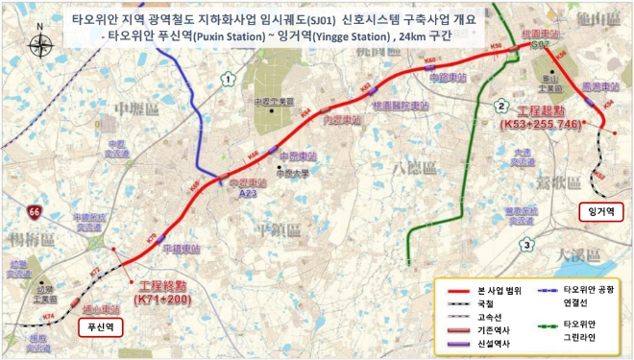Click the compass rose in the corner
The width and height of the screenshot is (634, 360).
pos(41,45)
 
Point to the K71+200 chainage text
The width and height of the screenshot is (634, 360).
pos(161,300)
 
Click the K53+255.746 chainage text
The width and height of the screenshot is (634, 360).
pos(540,125)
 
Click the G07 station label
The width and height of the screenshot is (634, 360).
pos(540,45)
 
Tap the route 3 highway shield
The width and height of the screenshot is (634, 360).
pos(527,246)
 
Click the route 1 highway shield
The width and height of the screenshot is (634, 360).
pos(227,78)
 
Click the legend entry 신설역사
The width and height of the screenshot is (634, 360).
pos(493,343)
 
